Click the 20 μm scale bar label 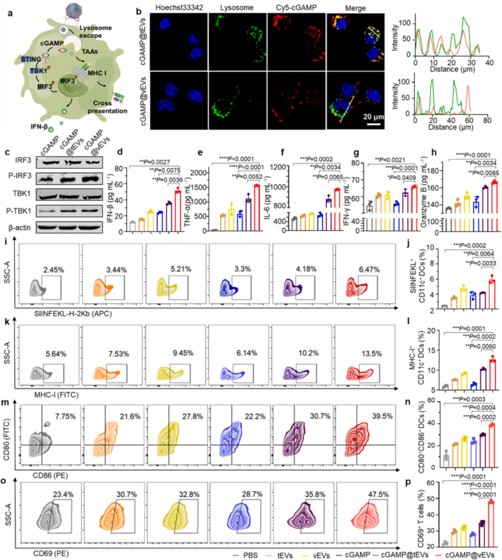(x=374, y=117)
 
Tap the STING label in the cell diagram (x=31, y=59)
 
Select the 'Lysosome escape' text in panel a (x=95, y=32)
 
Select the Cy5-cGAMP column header (x=290, y=8)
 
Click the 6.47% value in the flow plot (x=369, y=270)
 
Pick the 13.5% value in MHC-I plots (x=371, y=354)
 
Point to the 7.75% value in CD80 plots (x=65, y=417)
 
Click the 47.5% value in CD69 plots (x=377, y=494)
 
